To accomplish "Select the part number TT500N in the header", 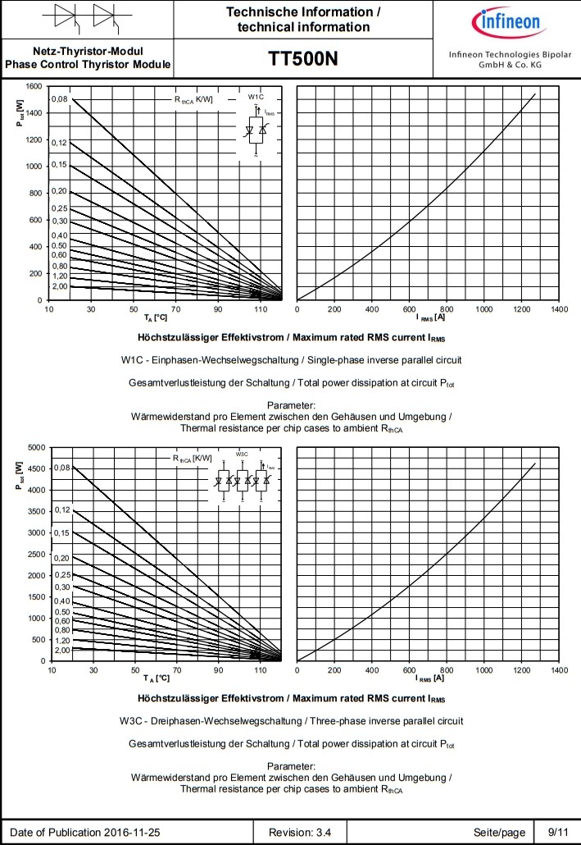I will [x=302, y=60].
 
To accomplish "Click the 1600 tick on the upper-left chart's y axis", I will [x=33, y=86].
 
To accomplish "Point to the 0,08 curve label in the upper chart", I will [x=60, y=99].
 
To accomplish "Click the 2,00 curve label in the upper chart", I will [x=60, y=286].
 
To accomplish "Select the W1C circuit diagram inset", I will [x=260, y=128].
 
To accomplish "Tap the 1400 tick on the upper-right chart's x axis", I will [x=560, y=309].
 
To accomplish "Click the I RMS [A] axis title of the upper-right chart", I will [x=429, y=317].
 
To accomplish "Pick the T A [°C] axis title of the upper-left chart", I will [x=156, y=317].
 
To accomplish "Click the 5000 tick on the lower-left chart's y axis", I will [x=35, y=447].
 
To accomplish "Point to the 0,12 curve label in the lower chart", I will [x=63, y=509].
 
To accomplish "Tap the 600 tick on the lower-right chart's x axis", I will [x=410, y=670].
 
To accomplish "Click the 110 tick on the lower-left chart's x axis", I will [x=261, y=670].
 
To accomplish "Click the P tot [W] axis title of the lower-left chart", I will [x=17, y=477].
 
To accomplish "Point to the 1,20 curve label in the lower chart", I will [x=63, y=639].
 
